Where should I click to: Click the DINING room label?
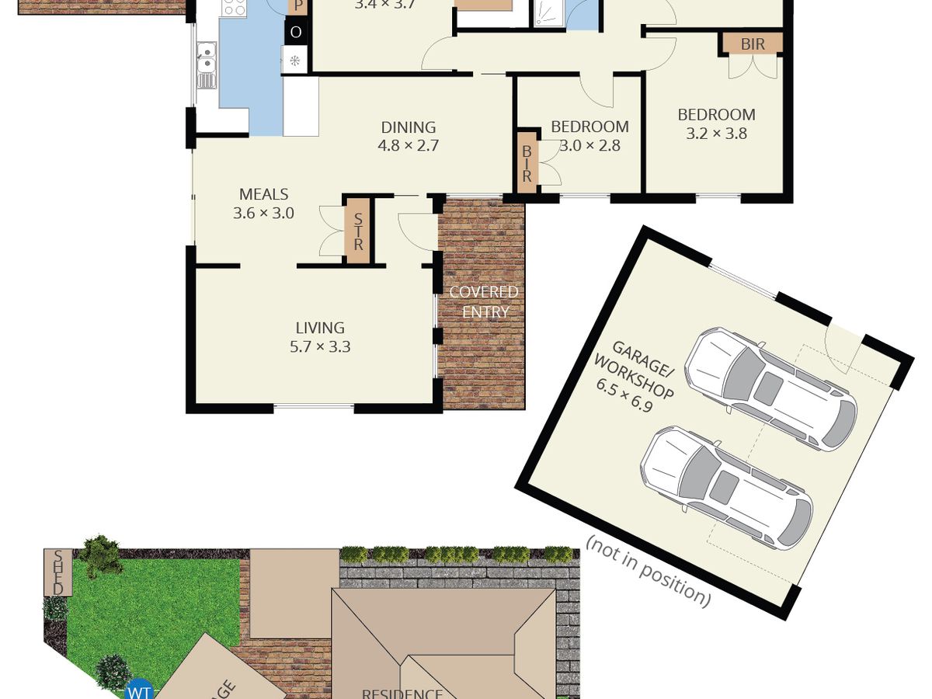(408, 127)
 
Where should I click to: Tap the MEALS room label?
(263, 195)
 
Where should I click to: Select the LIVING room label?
(319, 328)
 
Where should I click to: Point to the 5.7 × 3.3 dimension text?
(319, 347)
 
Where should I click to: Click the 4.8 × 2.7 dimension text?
(408, 145)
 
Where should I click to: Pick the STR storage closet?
(358, 231)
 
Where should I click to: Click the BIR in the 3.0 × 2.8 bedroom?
(527, 163)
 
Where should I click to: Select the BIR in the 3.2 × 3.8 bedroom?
(752, 44)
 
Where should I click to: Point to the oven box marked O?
(295, 33)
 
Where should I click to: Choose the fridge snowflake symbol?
(295, 61)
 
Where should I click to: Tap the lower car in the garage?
(725, 486)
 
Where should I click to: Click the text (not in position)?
(648, 571)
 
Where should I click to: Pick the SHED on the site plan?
(57, 573)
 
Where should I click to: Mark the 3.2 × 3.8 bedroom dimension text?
(716, 134)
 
